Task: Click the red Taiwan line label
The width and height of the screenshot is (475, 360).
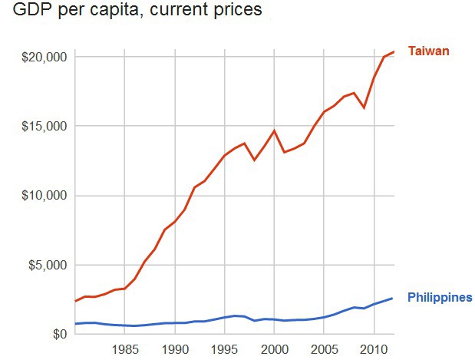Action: [x=428, y=51]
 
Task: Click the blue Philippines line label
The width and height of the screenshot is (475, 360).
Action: [x=440, y=298]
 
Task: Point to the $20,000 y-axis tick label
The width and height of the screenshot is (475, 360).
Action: [x=45, y=57]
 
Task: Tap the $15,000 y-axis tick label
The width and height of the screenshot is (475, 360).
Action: [x=45, y=126]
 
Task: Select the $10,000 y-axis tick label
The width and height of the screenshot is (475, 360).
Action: [x=45, y=195]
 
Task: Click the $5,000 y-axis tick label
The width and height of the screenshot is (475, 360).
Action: [x=48, y=265]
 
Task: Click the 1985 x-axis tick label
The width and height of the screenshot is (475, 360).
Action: [x=125, y=350]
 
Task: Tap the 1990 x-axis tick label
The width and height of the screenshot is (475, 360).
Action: [x=175, y=350]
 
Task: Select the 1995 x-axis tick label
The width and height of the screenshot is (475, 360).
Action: [x=225, y=350]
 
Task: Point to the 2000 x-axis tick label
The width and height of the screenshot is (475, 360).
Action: [x=274, y=350]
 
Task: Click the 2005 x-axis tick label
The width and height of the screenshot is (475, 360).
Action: [x=324, y=350]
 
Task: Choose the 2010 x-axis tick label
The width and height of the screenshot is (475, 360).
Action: [x=374, y=350]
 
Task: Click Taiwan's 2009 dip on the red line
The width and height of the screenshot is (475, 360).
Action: [x=364, y=107]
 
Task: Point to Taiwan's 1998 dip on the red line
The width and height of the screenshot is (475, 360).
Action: [x=254, y=160]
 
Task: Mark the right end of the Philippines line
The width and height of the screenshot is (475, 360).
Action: [x=393, y=298]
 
